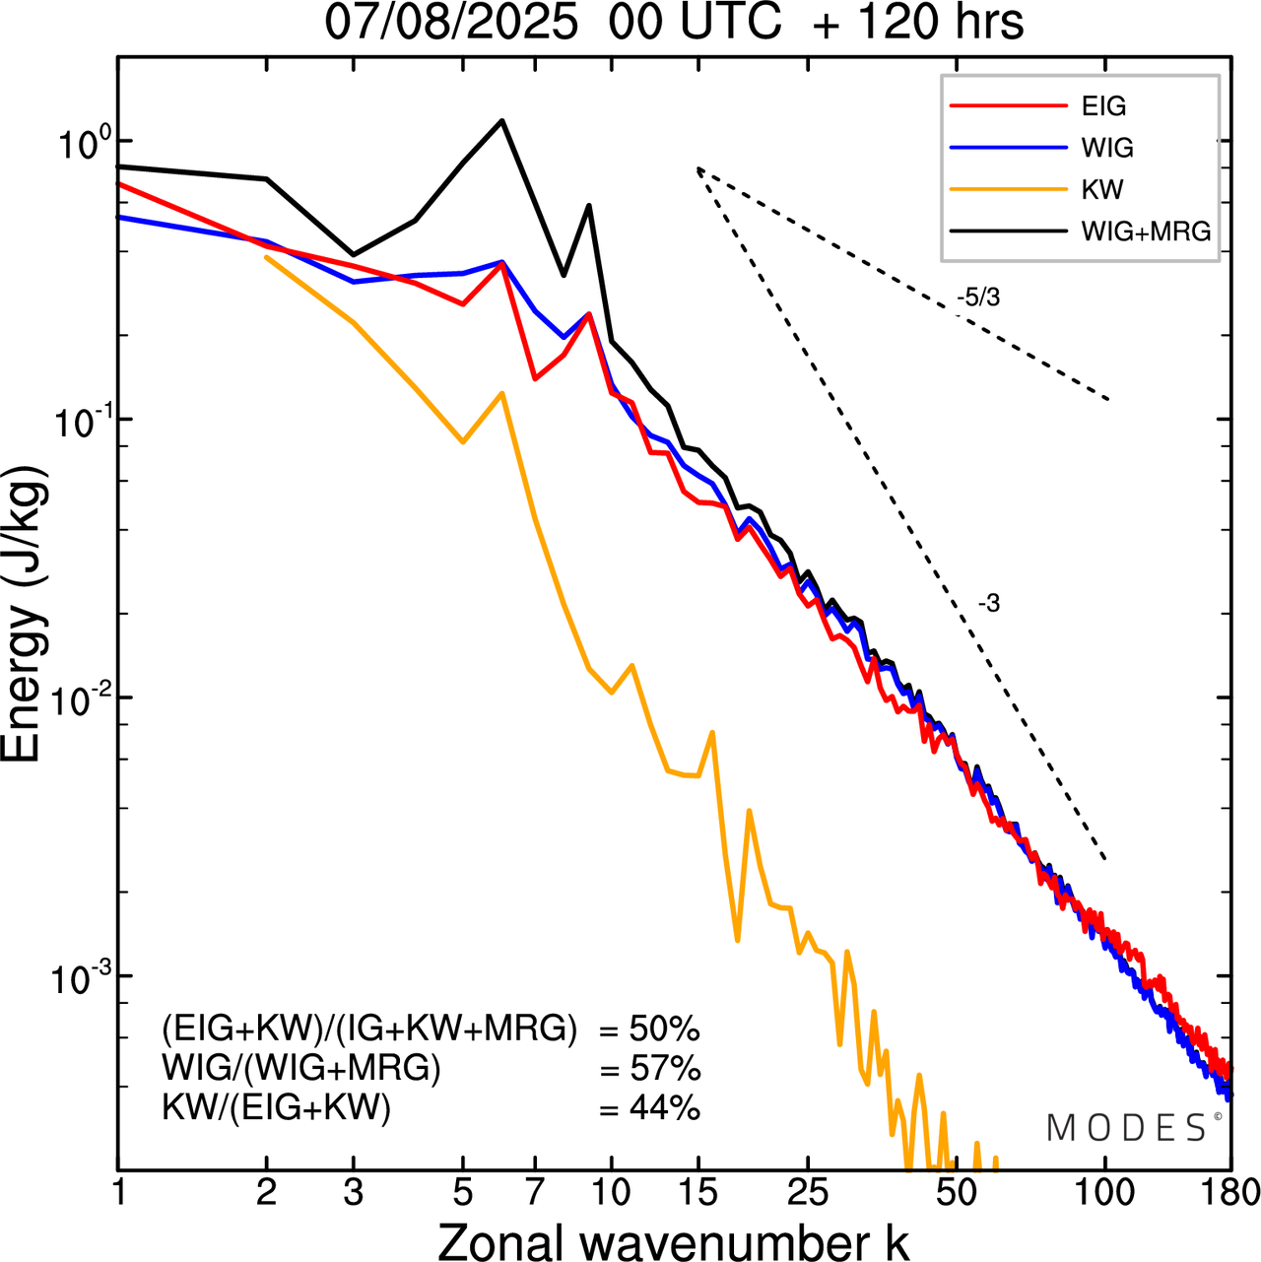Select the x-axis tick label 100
[1105, 1193]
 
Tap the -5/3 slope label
[977, 298]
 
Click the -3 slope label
[989, 604]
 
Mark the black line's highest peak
[502, 121]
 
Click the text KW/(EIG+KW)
[277, 1108]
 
